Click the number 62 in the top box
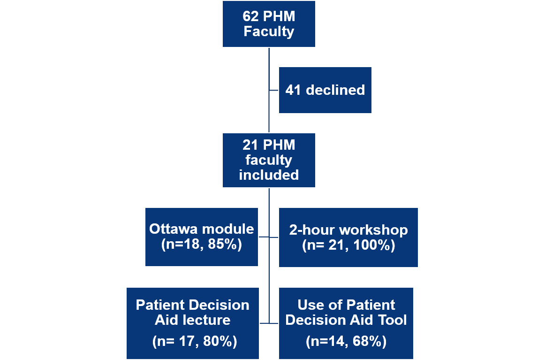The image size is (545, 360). [251, 16]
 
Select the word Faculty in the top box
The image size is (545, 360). [269, 31]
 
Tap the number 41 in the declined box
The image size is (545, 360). [293, 90]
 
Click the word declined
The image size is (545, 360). [335, 90]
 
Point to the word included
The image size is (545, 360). [269, 175]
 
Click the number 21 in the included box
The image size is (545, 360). [250, 145]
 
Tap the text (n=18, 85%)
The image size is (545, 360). [202, 245]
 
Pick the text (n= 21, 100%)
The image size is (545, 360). [348, 245]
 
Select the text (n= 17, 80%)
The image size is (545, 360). [195, 342]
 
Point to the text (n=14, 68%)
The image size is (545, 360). [346, 342]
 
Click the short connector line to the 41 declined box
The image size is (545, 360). [274, 91]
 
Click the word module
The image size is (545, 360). [228, 229]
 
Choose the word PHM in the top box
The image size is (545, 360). [279, 16]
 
